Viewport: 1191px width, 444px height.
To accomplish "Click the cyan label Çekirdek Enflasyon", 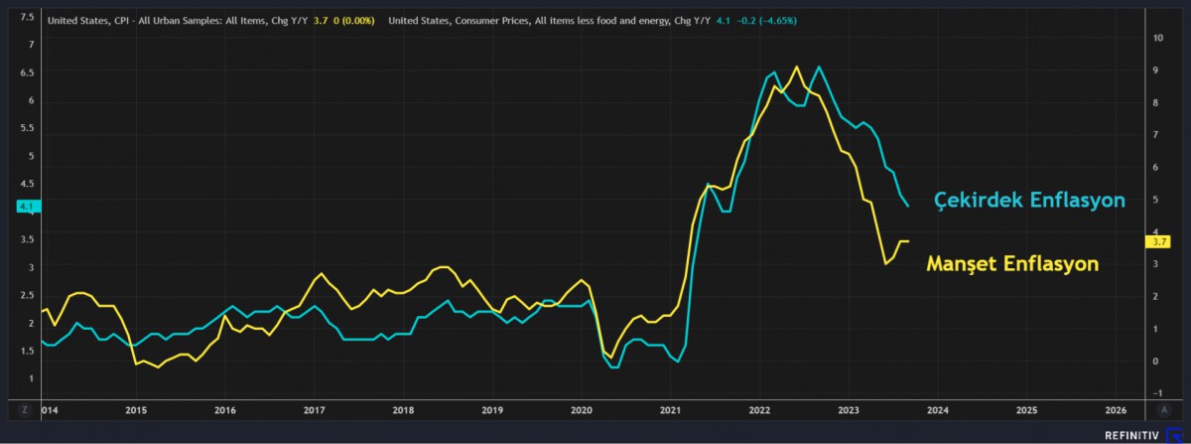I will pyautogui.click(x=1029, y=201).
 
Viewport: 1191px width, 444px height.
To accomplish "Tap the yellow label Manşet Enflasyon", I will pyautogui.click(x=1012, y=264).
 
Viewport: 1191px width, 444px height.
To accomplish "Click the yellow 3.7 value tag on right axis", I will pyautogui.click(x=1157, y=241).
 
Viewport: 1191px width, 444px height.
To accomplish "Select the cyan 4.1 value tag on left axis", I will pyautogui.click(x=27, y=207).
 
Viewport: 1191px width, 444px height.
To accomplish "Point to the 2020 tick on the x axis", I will pyautogui.click(x=582, y=409).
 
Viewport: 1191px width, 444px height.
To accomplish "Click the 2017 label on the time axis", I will pyautogui.click(x=315, y=409).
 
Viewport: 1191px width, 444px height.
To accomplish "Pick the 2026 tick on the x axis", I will pyautogui.click(x=1116, y=409).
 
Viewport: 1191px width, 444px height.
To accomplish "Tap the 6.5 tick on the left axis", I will pyautogui.click(x=27, y=73).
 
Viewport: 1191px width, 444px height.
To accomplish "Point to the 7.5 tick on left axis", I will pyautogui.click(x=27, y=18).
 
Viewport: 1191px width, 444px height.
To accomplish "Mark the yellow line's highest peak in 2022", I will pyautogui.click(x=797, y=68).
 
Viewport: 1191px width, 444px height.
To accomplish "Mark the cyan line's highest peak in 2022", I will pyautogui.click(x=819, y=68).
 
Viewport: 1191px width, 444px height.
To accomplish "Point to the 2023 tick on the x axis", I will pyautogui.click(x=849, y=409).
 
